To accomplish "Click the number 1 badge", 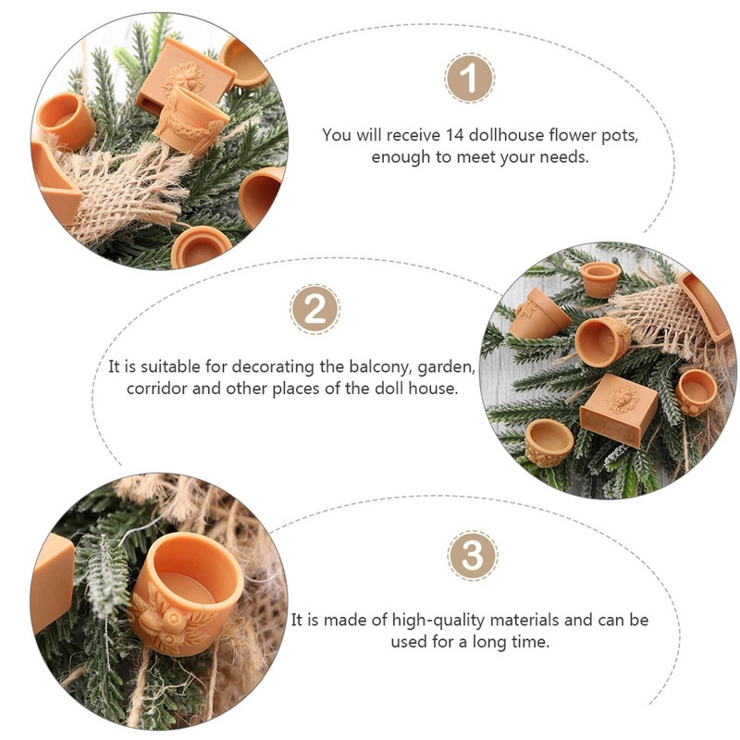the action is (470, 78).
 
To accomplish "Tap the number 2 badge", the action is (314, 310).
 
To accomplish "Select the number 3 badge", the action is (473, 556).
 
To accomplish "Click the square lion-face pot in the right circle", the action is (619, 410).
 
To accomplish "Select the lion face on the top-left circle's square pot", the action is (185, 78).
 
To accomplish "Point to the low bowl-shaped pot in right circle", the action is (549, 442).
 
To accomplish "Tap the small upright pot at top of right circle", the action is (600, 279).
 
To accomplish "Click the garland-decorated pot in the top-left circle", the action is (191, 119).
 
